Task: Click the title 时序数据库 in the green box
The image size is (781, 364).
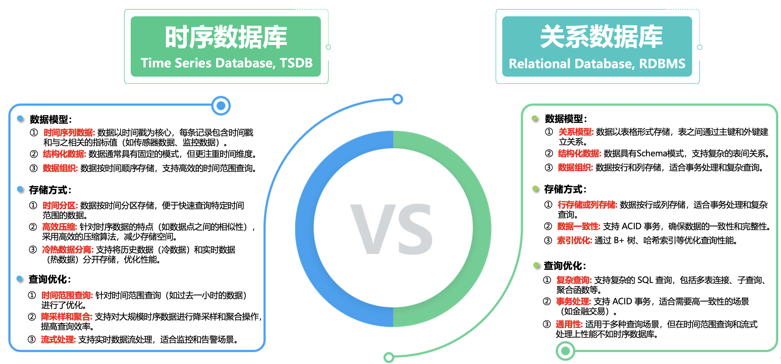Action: (x=226, y=37)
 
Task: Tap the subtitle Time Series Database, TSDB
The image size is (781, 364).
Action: (x=226, y=63)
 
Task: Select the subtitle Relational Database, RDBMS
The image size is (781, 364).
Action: (x=597, y=64)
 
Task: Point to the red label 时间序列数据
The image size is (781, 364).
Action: (x=69, y=133)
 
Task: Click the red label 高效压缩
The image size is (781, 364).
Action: (x=59, y=227)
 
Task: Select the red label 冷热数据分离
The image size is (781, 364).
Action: (x=67, y=250)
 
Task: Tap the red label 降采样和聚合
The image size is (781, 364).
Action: (x=66, y=317)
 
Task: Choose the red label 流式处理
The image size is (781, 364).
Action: (x=58, y=339)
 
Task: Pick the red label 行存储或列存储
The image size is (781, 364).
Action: (x=587, y=205)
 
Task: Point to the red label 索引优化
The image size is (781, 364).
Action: (x=574, y=240)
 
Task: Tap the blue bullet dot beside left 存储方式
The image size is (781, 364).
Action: (x=20, y=189)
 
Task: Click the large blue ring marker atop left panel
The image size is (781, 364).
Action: (x=221, y=106)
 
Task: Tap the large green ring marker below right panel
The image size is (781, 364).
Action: (x=565, y=351)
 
